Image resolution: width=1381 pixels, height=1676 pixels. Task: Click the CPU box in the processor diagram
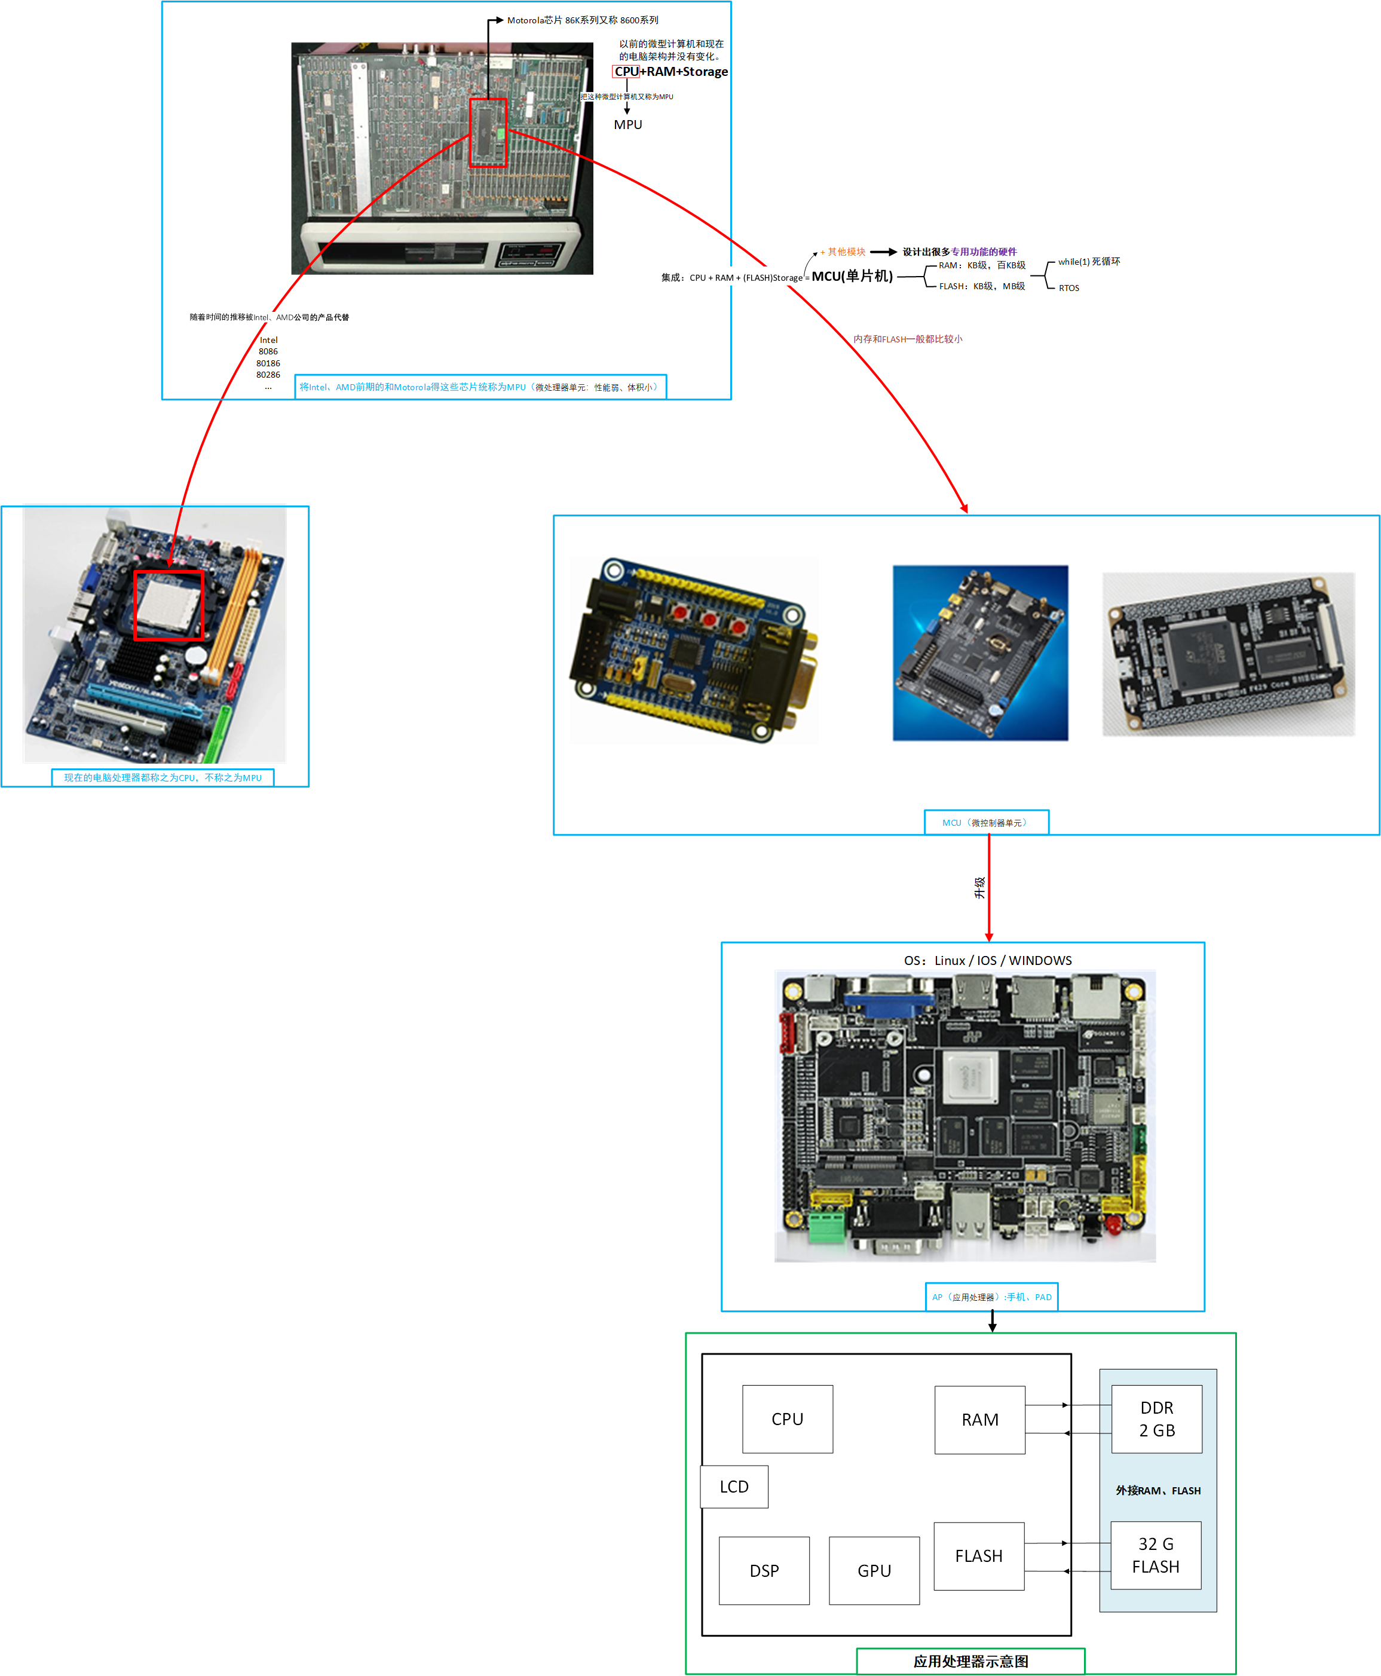click(787, 1418)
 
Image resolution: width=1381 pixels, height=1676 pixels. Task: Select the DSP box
click(764, 1570)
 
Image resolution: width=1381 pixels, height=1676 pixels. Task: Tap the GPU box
click(874, 1570)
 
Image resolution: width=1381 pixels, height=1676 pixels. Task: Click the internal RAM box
click(979, 1419)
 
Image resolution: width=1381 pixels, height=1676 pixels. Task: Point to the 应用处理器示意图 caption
click(970, 1661)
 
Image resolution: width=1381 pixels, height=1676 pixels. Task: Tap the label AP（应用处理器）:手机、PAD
click(991, 1297)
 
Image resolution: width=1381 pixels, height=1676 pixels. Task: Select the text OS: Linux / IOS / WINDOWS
click(987, 960)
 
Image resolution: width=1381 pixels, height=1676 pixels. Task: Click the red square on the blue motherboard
click(169, 605)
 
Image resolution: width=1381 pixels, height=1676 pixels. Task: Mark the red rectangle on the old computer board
click(488, 133)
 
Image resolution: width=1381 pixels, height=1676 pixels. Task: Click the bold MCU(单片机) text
click(852, 276)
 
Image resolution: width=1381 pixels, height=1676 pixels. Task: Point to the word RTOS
click(1068, 288)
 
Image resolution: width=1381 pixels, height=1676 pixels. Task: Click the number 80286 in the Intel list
click(268, 375)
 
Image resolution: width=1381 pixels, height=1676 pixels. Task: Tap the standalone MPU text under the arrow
click(627, 125)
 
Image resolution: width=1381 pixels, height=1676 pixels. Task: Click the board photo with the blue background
click(980, 652)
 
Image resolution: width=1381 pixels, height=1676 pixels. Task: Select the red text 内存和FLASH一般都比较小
click(908, 339)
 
